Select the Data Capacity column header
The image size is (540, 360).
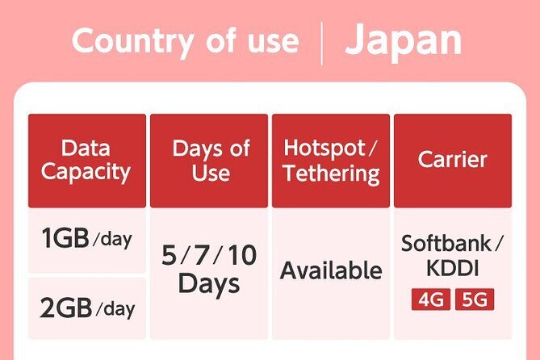tap(86, 160)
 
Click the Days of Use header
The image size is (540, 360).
tap(211, 160)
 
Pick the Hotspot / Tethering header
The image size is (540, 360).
tap(331, 160)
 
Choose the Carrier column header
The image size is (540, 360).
tap(452, 159)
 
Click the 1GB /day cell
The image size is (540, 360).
tap(86, 240)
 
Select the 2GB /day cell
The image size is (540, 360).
tap(86, 308)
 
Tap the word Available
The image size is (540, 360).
tap(331, 270)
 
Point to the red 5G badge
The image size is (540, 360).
tap(474, 300)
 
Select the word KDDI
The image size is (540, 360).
tap(452, 269)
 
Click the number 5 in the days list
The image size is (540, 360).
tap(169, 256)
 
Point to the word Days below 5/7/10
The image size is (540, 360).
tap(209, 284)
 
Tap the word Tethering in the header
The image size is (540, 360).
tap(331, 173)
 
